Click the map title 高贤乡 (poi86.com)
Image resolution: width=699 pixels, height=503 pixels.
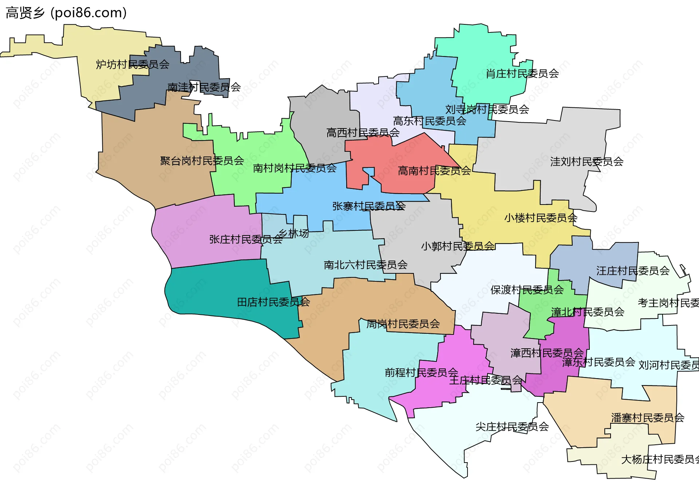tap(66, 13)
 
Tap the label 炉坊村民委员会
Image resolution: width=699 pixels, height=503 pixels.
tap(133, 64)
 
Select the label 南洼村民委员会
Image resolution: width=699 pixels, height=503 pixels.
tap(204, 87)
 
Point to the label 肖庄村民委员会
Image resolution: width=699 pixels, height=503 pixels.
tap(522, 74)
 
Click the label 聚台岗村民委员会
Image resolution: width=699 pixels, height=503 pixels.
tap(202, 161)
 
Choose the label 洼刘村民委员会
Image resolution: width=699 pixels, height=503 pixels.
tap(587, 162)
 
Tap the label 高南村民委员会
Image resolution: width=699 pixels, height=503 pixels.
tap(434, 171)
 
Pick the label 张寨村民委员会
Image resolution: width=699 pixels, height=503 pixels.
tap(368, 206)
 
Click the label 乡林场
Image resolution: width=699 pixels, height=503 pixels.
tap(293, 233)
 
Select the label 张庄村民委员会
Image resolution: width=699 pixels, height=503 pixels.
tap(246, 239)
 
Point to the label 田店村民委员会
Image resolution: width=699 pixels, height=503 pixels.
tap(273, 302)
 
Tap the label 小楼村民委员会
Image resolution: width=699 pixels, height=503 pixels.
tap(541, 218)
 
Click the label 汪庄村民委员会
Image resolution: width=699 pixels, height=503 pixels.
tap(633, 271)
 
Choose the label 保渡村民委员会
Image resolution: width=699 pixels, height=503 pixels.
tap(527, 290)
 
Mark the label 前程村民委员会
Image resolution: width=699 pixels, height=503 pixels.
tap(421, 373)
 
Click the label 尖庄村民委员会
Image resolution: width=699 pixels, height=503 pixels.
tap(512, 427)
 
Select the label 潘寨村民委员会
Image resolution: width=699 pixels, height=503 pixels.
tap(647, 418)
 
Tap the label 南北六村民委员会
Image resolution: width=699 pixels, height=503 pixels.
tap(366, 265)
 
